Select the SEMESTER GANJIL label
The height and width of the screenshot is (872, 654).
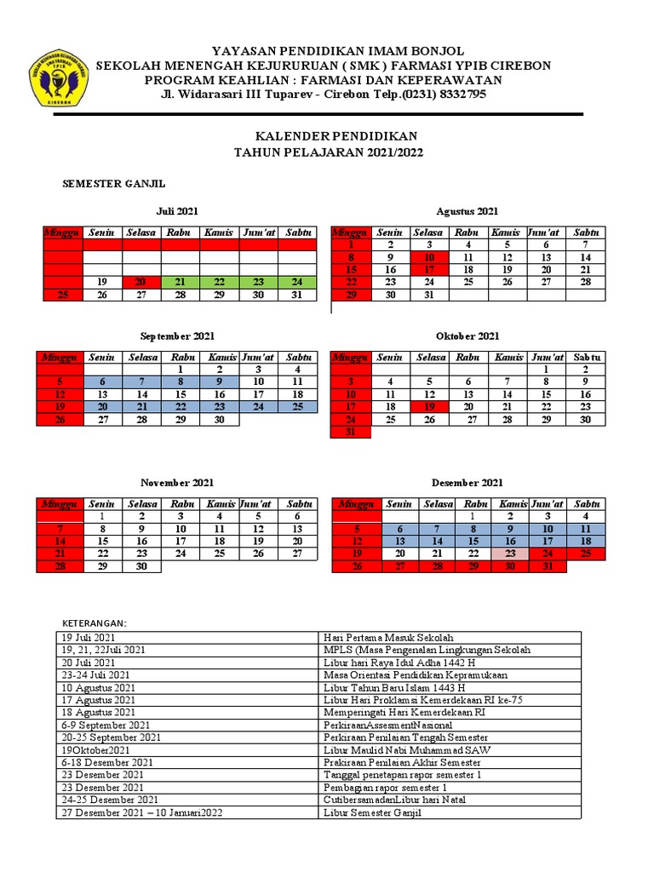[x=114, y=183]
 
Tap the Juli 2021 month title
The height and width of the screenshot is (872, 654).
[x=177, y=211]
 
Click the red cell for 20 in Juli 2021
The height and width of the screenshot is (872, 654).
[x=141, y=282]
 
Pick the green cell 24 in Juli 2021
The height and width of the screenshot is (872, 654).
[x=296, y=282]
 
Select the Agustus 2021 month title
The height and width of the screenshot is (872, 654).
[x=467, y=211]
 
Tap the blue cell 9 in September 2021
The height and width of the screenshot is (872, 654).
[x=219, y=382]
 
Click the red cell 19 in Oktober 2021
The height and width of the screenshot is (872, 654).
[x=429, y=407]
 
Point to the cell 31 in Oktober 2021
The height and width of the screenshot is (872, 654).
[x=350, y=433]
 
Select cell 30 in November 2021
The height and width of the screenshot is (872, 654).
[x=141, y=566]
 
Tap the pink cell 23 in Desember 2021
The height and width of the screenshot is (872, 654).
[x=509, y=554]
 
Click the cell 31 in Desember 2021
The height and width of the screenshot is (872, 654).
[x=548, y=566]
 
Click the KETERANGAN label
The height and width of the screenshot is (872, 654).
[x=95, y=623]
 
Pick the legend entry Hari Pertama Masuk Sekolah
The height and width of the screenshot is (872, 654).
[x=388, y=637]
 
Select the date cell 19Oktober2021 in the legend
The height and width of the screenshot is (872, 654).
[x=95, y=750]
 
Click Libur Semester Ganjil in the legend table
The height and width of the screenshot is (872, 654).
[x=372, y=813]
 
